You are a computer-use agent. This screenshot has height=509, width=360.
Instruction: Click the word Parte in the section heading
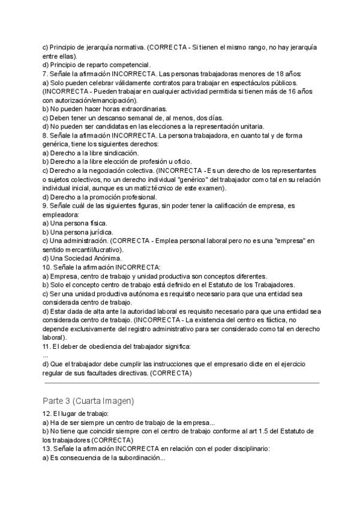53,400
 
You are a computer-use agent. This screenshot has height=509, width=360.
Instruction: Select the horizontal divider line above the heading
181,382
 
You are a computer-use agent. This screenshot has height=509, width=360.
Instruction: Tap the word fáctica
290,321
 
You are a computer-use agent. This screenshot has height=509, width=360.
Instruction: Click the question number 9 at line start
44,206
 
